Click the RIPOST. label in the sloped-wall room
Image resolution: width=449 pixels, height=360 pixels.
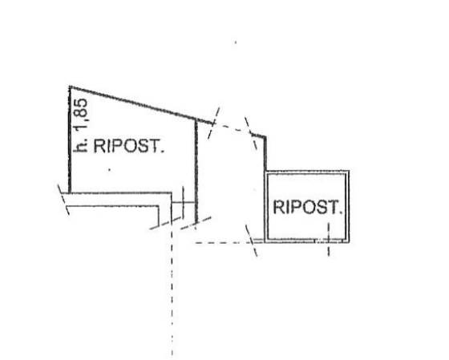(x=129, y=146)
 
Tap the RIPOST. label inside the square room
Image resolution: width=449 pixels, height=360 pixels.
(x=308, y=207)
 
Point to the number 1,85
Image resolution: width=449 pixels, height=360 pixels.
(x=81, y=115)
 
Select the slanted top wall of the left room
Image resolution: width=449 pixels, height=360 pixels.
(x=141, y=105)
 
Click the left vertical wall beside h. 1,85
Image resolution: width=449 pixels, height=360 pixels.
(x=70, y=140)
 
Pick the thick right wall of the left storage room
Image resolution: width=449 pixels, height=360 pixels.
(x=196, y=171)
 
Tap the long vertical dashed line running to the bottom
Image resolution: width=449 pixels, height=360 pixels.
(x=172, y=289)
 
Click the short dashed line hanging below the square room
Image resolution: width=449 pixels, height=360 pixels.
(x=329, y=240)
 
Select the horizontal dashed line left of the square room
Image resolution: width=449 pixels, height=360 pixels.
(x=230, y=243)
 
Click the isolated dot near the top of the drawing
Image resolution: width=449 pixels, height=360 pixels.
(x=236, y=42)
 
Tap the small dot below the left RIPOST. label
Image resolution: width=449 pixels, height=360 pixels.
(x=109, y=170)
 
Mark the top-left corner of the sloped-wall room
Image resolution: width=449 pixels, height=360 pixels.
(x=70, y=87)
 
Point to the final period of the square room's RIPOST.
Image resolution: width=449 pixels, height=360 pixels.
(x=341, y=212)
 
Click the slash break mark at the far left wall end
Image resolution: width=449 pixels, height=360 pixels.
(x=63, y=200)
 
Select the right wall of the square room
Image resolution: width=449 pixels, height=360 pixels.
(x=347, y=207)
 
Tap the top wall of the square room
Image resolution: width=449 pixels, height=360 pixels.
(x=307, y=172)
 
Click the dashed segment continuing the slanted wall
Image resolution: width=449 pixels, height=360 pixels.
(x=233, y=128)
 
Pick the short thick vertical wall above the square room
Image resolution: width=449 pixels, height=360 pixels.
(x=265, y=154)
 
